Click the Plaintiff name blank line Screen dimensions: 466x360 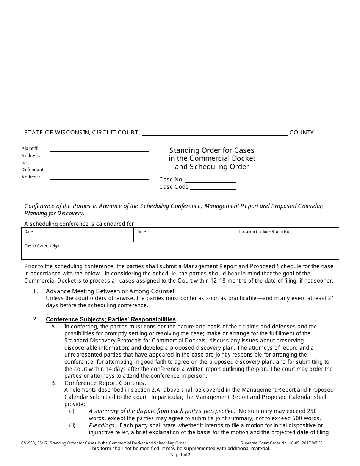99,149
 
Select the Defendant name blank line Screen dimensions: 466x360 99,170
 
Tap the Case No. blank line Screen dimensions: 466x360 210,180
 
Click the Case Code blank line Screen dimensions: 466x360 213,187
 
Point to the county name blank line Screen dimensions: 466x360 215,133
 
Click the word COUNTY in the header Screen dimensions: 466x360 301,133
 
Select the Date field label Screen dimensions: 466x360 29,232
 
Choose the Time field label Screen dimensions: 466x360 141,232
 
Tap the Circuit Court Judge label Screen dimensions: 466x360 42,246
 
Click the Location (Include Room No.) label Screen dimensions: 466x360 265,232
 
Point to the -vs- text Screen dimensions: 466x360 25,163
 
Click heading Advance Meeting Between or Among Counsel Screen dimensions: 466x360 111,291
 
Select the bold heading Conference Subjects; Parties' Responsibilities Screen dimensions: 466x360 111,319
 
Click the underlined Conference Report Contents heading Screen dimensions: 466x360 104,383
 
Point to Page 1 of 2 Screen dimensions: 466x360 180,455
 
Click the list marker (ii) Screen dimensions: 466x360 72,425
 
